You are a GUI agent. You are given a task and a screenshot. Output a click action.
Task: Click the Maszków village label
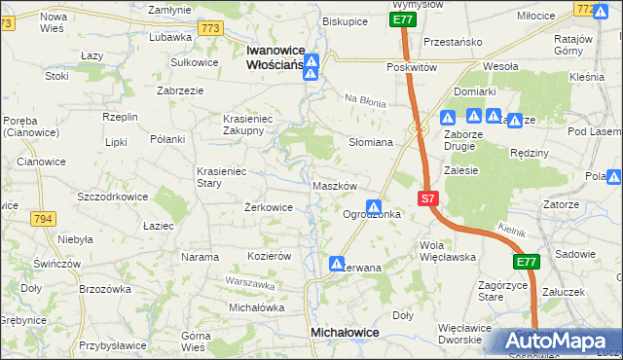point(336,185)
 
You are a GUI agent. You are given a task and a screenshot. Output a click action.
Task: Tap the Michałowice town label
point(344,332)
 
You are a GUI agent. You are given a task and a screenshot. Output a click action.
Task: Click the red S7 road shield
point(428,198)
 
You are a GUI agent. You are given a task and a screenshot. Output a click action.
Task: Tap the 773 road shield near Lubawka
point(210,29)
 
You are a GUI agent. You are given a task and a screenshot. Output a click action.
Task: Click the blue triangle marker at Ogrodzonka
point(373,206)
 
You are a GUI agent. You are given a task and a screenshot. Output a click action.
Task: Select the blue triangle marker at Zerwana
point(337,263)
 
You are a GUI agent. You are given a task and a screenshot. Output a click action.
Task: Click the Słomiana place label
point(371,142)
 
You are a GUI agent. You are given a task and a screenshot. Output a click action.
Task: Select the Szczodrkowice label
point(112,196)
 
